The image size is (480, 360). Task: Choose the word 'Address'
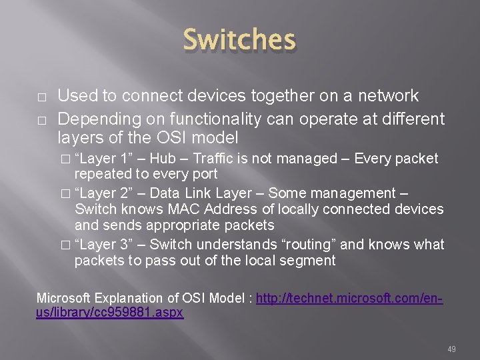(227, 209)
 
